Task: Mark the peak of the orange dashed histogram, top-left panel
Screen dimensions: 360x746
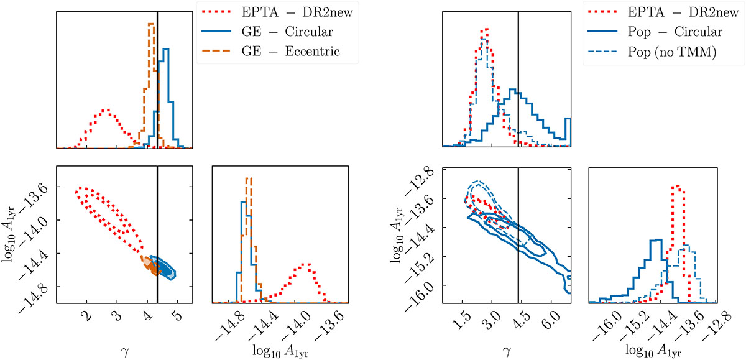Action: point(150,24)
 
